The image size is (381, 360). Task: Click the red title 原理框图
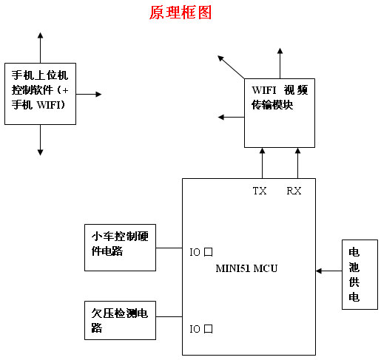coord(181,13)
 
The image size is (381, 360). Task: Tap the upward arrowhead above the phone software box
coord(41,35)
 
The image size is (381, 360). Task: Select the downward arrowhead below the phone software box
coord(41,152)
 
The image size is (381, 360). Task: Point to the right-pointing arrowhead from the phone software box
coord(98,94)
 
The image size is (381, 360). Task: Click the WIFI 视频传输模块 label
coord(280,98)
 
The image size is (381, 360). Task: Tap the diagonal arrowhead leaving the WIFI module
coord(220,58)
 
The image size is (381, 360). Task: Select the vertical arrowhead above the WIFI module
coord(280,51)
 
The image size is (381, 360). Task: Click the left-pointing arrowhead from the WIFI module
coord(221,117)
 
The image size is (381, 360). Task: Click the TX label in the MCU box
coord(260,191)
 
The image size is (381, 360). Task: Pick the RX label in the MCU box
coord(294,191)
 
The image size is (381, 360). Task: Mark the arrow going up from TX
coord(263,163)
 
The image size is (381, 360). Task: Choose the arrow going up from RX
coord(297,163)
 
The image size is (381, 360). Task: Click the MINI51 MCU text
coord(246,268)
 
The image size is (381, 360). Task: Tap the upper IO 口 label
coord(201,252)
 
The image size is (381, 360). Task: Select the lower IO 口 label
coord(201,329)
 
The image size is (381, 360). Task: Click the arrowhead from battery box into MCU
coord(319,271)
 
